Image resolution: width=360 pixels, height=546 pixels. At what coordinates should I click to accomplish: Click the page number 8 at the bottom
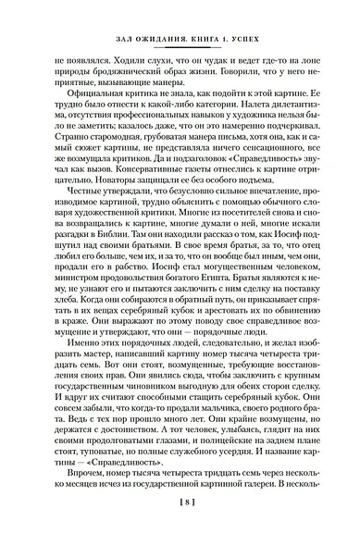(x=180, y=528)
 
